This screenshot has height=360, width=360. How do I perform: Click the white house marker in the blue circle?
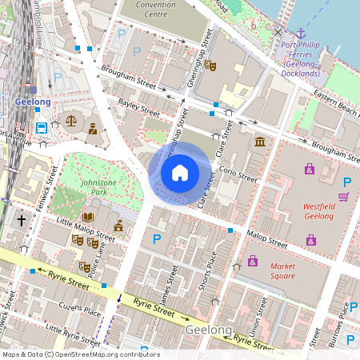click(180, 172)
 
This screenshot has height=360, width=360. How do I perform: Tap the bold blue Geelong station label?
click(33, 102)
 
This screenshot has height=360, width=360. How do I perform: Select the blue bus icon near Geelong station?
click(41, 128)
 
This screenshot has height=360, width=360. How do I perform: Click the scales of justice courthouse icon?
click(72, 121)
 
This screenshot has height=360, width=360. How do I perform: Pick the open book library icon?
click(87, 216)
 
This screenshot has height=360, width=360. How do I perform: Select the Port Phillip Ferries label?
click(302, 59)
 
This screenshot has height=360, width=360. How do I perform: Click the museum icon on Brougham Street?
click(260, 142)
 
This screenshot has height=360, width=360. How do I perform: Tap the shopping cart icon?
click(343, 197)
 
